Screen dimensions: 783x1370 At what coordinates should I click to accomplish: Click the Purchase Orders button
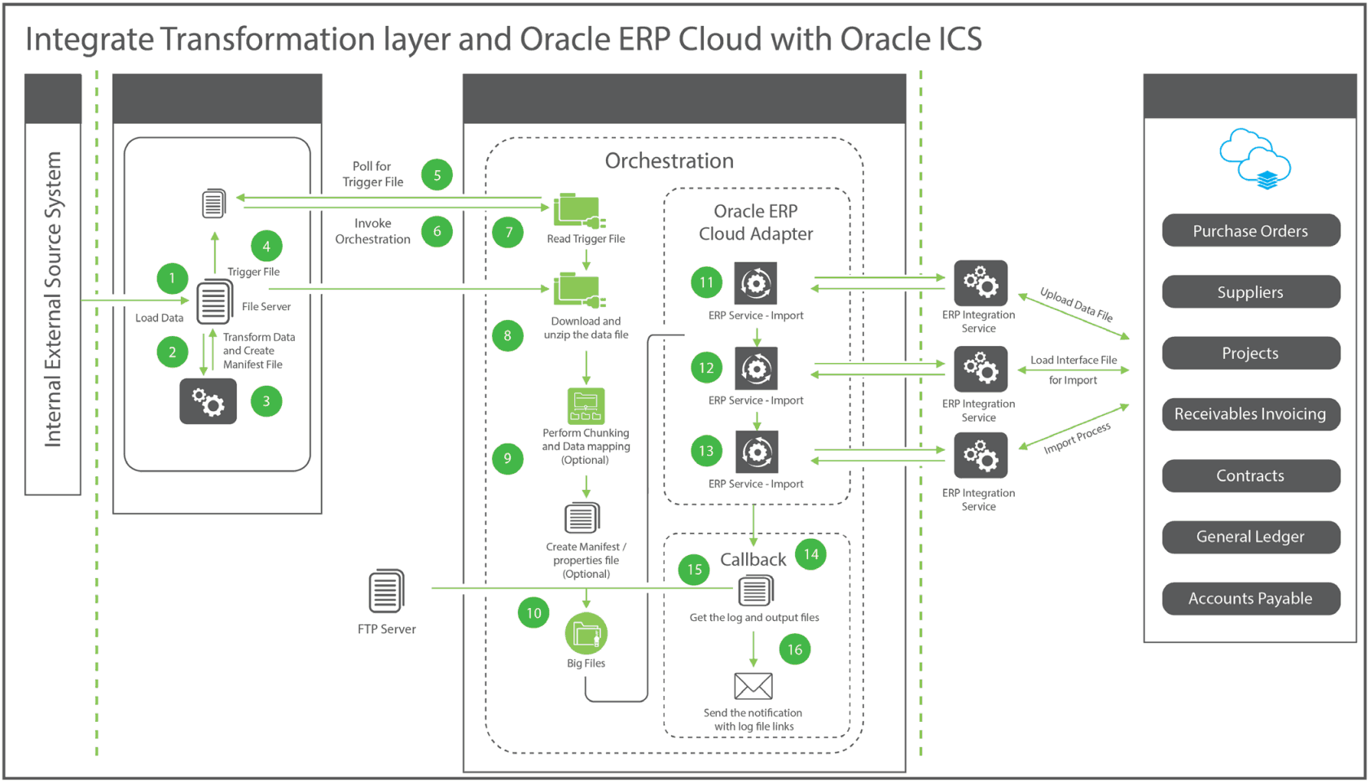click(x=1250, y=231)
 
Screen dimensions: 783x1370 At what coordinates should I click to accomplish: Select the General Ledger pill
click(x=1250, y=537)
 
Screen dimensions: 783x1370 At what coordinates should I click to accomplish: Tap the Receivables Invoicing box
click(x=1250, y=414)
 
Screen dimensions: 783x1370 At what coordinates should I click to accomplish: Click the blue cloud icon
click(x=1254, y=159)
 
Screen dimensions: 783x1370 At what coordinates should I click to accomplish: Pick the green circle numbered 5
click(x=437, y=175)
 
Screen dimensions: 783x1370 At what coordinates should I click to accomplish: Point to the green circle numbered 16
click(x=794, y=650)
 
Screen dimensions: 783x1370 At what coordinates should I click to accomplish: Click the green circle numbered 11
click(x=706, y=282)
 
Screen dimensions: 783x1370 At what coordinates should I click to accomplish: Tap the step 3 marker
click(x=266, y=401)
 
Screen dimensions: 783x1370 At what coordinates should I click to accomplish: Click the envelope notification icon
click(x=753, y=686)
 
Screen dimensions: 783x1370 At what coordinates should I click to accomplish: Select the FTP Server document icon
click(x=386, y=592)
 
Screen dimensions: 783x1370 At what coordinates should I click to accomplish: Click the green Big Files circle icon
click(x=586, y=634)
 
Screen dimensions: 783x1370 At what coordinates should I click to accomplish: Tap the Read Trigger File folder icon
click(x=578, y=212)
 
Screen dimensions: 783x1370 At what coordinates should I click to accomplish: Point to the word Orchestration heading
click(x=669, y=161)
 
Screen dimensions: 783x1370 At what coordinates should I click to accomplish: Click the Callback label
click(x=753, y=559)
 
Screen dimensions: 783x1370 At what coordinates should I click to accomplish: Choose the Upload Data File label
click(x=1076, y=304)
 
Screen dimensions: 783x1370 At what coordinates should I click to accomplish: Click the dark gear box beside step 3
click(x=209, y=401)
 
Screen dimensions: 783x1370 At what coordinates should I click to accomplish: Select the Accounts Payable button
click(x=1250, y=599)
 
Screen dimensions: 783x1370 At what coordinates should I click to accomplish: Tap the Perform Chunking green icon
click(x=586, y=406)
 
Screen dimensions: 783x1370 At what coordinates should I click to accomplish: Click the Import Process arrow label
click(x=1077, y=438)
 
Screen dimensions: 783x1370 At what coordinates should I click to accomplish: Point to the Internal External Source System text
click(x=53, y=300)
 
